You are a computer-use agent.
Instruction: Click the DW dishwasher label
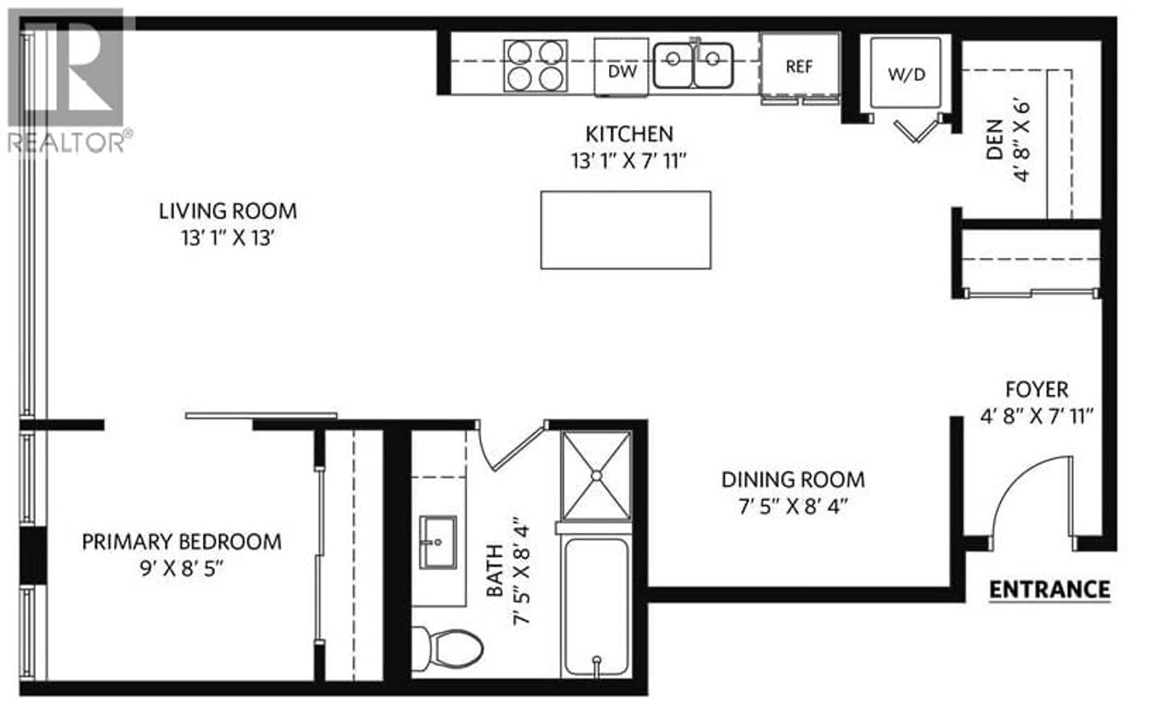click(x=622, y=71)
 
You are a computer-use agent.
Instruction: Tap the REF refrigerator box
click(x=799, y=66)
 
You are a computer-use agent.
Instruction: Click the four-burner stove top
click(x=535, y=65)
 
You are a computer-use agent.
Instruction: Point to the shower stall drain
click(x=596, y=476)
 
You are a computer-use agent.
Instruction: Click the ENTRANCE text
click(x=1049, y=589)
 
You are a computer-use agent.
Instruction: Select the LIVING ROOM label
click(x=228, y=211)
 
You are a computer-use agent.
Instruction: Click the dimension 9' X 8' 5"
click(x=181, y=569)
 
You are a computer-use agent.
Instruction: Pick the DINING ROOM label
click(x=793, y=480)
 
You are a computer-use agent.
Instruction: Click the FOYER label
click(x=1037, y=389)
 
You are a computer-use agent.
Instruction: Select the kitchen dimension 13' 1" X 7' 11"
click(x=629, y=161)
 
